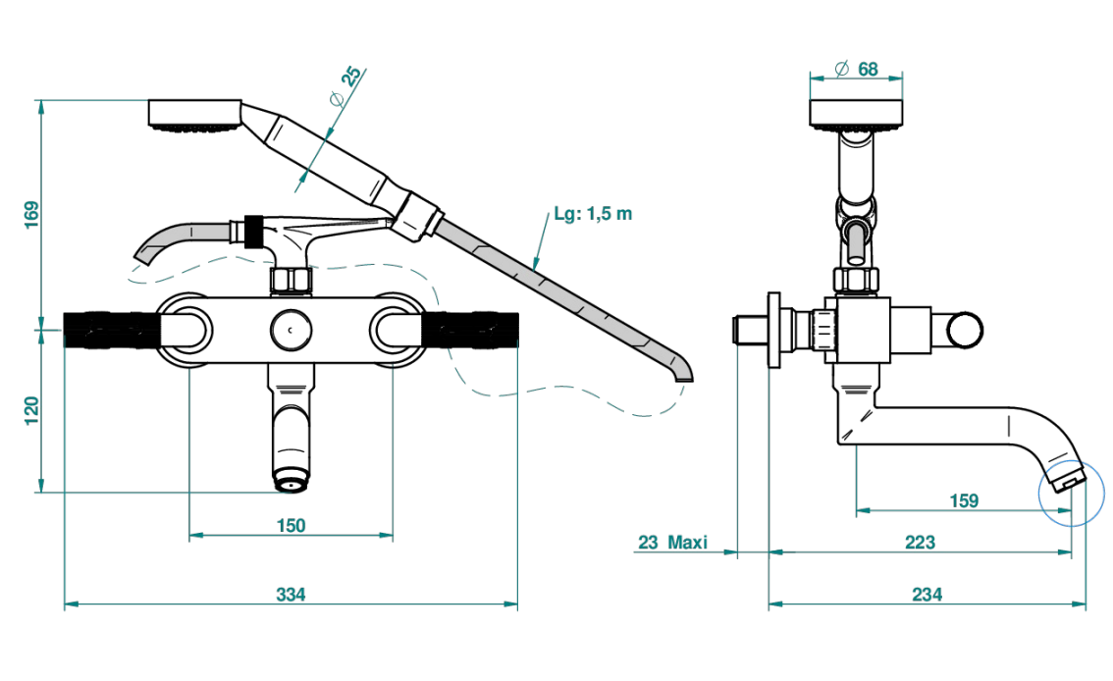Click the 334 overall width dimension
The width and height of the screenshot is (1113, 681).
click(291, 595)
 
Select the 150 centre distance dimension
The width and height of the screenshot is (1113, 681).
click(291, 526)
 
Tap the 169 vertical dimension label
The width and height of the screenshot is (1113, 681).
click(32, 215)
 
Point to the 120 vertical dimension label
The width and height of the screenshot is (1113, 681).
click(32, 411)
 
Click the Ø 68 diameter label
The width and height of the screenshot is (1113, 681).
click(857, 69)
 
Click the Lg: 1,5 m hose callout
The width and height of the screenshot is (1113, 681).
click(593, 214)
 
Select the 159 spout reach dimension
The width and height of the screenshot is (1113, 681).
click(964, 500)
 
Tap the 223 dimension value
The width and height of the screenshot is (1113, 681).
click(920, 543)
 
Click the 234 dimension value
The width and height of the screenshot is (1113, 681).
click(927, 595)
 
